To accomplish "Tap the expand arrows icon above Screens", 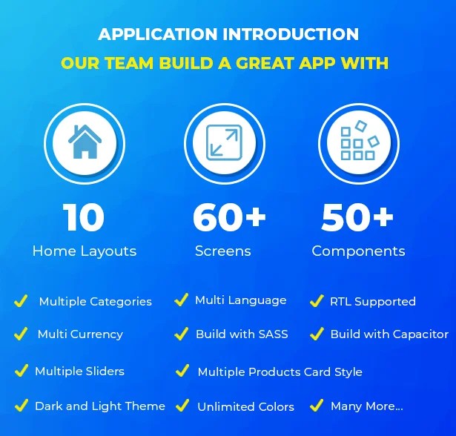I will tap(223, 140).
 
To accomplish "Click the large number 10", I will tap(84, 218).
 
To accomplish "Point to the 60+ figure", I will tap(229, 218).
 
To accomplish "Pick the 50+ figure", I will tap(357, 218).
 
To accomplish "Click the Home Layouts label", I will tap(85, 251).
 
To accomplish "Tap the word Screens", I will tap(223, 251).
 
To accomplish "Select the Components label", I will tap(358, 251).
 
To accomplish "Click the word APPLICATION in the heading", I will tap(156, 35).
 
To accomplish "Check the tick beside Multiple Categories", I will tap(22, 301).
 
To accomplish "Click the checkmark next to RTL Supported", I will tap(316, 301).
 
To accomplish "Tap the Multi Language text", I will tap(240, 300).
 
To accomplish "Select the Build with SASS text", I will tap(242, 334).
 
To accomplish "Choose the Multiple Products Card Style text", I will tap(280, 371).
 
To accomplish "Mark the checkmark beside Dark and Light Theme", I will tap(22, 406).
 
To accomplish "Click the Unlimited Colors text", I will tap(245, 406).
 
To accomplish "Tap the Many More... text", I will tap(366, 406).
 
